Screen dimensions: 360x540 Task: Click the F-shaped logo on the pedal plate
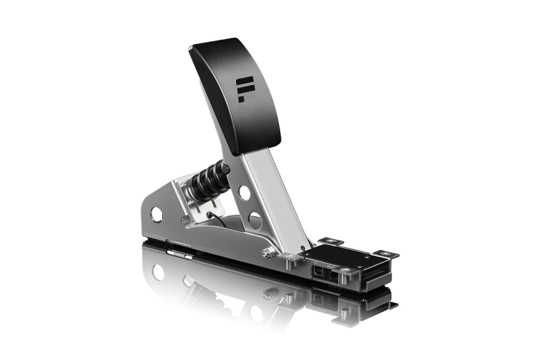tap(244, 87)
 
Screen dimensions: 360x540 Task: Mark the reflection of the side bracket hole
tap(157, 272)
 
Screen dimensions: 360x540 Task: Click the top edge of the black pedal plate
tap(216, 43)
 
